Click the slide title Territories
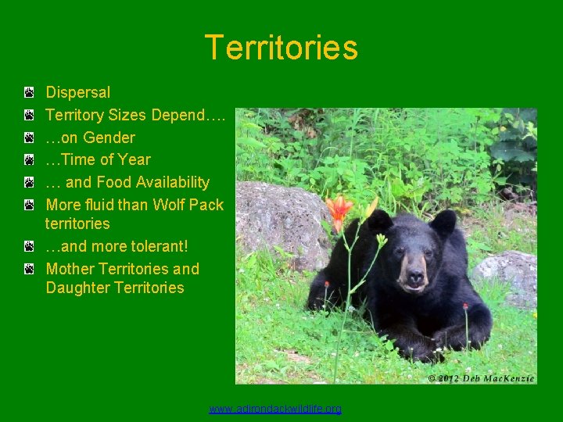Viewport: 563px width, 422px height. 281,48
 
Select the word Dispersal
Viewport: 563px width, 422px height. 78,92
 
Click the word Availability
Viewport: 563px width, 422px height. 173,182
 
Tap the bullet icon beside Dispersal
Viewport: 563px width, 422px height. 28,93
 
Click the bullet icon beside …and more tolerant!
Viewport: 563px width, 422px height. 28,247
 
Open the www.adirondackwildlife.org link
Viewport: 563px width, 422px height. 275,409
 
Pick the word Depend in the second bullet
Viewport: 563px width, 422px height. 178,115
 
